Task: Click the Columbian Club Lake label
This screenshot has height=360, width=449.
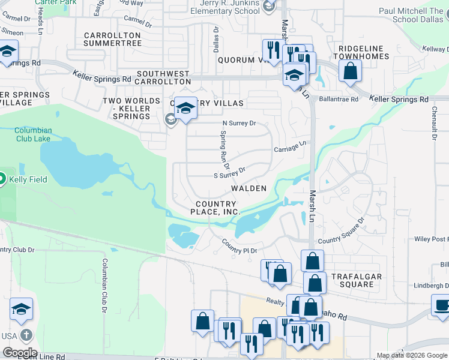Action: click(34, 134)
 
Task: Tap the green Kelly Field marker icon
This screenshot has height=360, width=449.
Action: click(2, 179)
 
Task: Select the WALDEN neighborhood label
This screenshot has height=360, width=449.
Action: click(249, 188)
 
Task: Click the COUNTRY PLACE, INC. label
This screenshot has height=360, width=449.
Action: click(215, 208)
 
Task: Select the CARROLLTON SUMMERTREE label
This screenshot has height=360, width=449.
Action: click(112, 40)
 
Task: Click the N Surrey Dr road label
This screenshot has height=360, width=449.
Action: click(239, 124)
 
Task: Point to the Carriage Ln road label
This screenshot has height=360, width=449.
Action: click(291, 146)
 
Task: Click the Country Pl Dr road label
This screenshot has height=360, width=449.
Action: click(239, 246)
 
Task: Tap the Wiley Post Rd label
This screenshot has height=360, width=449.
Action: click(431, 239)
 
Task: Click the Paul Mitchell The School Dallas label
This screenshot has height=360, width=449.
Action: click(410, 15)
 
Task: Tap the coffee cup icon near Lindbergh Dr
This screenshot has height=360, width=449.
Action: click(442, 305)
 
